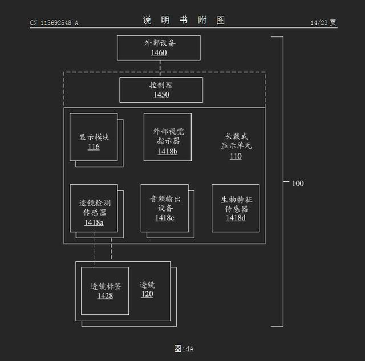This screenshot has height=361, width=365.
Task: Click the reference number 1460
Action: (159, 53)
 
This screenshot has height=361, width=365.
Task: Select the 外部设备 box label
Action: (159, 43)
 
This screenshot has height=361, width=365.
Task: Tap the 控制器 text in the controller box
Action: (161, 85)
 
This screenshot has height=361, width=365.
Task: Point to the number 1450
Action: (161, 95)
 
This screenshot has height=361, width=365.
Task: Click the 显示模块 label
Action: (94, 137)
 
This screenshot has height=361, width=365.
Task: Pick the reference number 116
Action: (94, 147)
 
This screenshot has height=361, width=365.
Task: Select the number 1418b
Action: (168, 151)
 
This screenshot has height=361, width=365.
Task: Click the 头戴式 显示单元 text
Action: (236, 141)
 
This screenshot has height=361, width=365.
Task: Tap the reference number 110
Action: (236, 156)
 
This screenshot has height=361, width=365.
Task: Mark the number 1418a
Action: (94, 222)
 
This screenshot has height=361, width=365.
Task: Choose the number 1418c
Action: (165, 218)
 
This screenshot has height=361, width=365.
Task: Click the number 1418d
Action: (236, 218)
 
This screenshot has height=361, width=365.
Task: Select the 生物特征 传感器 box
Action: (236, 208)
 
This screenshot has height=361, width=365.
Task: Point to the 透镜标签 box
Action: (105, 290)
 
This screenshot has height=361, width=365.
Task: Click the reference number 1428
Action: (105, 295)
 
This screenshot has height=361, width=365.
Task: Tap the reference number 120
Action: (147, 294)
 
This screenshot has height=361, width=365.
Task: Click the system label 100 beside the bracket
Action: (298, 184)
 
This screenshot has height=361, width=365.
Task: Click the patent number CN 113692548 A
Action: (54, 23)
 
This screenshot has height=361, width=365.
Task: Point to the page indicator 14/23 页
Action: (323, 23)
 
